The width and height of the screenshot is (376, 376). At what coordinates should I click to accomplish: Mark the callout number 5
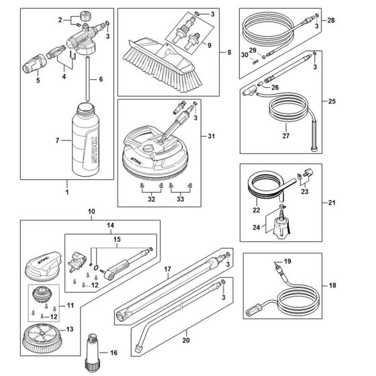tap(38, 81)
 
